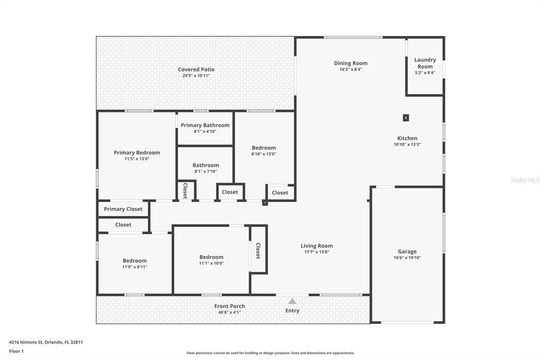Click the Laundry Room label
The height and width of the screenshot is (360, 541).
[x=425, y=63]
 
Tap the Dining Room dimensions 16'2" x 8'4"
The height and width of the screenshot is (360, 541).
[x=350, y=69]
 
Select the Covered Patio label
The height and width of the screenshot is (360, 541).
[x=196, y=69]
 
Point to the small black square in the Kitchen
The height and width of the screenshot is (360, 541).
[x=406, y=118]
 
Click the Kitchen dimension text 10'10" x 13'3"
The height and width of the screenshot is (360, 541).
[x=407, y=144]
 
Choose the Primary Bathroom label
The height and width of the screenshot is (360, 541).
[x=205, y=125]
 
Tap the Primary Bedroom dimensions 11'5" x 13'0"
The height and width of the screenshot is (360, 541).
[x=137, y=158]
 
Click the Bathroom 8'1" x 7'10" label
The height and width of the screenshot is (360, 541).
[x=206, y=165]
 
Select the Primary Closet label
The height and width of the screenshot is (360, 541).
[x=123, y=209]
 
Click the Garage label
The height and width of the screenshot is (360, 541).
[x=407, y=252]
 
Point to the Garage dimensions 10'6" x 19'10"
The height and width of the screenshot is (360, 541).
[x=407, y=258]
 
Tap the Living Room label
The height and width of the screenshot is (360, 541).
[x=317, y=245]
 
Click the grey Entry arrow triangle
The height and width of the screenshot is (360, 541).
[x=292, y=301]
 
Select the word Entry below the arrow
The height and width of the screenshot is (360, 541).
[x=292, y=310]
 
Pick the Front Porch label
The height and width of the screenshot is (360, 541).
[x=229, y=306]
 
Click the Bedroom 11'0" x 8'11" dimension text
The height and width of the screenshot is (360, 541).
[x=135, y=267]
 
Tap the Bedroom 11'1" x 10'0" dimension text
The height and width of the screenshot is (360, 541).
[x=211, y=263]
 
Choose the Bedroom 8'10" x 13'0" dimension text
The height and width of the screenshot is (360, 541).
[x=264, y=154]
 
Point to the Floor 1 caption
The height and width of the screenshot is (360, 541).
[x=16, y=351]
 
